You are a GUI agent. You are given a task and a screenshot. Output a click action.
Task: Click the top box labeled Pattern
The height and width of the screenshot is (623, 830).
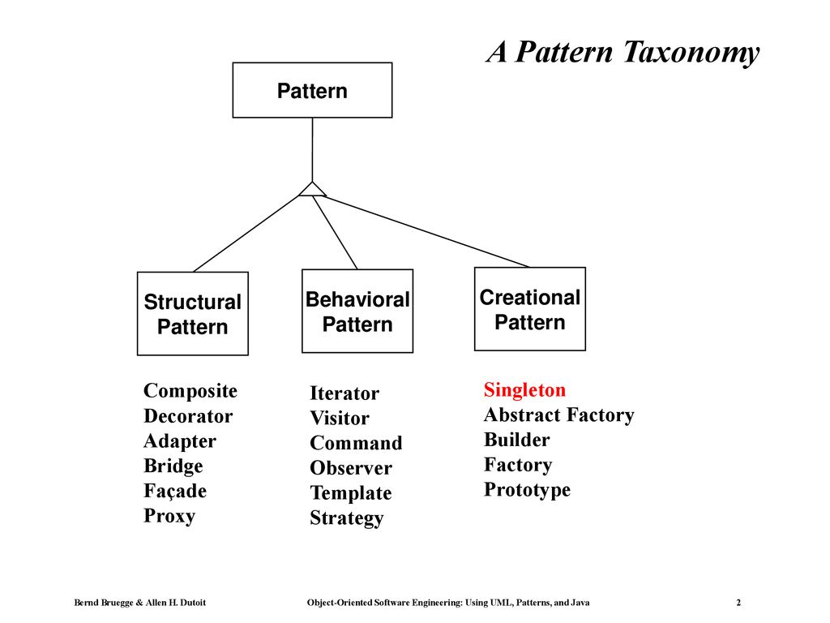click(x=312, y=90)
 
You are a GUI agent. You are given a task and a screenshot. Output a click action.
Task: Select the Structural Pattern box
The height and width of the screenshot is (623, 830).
click(x=193, y=314)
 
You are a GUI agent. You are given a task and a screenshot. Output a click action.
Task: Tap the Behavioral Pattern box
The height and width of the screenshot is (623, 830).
click(x=357, y=311)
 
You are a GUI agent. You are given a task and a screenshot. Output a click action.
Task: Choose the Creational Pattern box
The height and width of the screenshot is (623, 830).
click(x=530, y=309)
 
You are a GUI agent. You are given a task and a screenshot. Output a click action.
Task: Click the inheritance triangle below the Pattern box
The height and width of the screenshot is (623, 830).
click(x=312, y=190)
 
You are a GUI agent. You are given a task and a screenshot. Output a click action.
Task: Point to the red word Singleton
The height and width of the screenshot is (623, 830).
click(x=524, y=390)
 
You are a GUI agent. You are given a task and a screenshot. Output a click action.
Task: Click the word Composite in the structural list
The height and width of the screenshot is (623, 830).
click(x=190, y=391)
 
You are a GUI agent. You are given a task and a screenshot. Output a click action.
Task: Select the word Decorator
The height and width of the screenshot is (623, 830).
click(x=188, y=416)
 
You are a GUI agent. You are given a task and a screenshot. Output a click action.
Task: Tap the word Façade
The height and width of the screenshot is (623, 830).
click(x=175, y=491)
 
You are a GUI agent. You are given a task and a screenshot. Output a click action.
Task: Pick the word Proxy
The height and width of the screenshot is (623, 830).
click(x=169, y=516)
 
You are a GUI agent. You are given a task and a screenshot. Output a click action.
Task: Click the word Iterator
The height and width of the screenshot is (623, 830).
click(x=344, y=393)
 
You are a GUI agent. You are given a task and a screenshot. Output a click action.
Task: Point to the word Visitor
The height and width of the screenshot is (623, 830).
click(x=340, y=418)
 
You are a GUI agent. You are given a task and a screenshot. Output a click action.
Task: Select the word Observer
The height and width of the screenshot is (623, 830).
click(x=351, y=468)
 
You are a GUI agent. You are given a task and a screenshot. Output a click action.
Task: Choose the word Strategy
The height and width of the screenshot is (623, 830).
click(x=347, y=518)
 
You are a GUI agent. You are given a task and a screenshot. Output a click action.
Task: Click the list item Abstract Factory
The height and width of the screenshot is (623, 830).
click(x=559, y=415)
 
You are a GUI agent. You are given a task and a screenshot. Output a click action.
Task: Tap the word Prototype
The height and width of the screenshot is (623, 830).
click(x=527, y=490)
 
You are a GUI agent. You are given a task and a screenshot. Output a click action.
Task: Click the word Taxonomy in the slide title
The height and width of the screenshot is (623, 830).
click(x=691, y=53)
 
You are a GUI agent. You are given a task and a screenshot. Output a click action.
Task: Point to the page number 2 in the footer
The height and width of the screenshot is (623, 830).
click(x=738, y=603)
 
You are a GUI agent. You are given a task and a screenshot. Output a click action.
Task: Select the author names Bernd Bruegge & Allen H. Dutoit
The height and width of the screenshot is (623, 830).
click(x=139, y=603)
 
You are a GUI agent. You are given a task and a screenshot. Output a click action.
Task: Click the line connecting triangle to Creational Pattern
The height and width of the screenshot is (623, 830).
click(x=426, y=231)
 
